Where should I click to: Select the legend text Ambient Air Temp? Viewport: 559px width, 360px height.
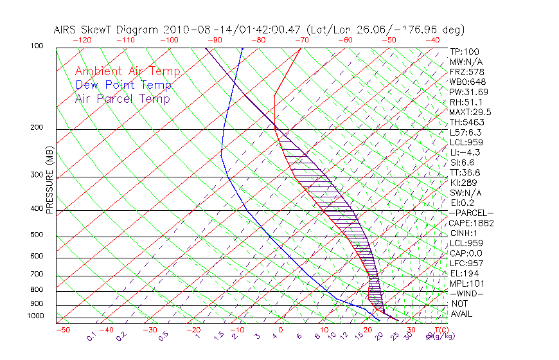tap(127, 72)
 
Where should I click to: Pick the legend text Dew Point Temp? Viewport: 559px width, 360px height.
tap(123, 85)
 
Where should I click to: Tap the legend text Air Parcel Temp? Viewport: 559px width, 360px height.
tap(122, 99)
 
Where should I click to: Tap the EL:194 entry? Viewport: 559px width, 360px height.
tap(463, 273)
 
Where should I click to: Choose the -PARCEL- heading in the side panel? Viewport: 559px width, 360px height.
tap(472, 213)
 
